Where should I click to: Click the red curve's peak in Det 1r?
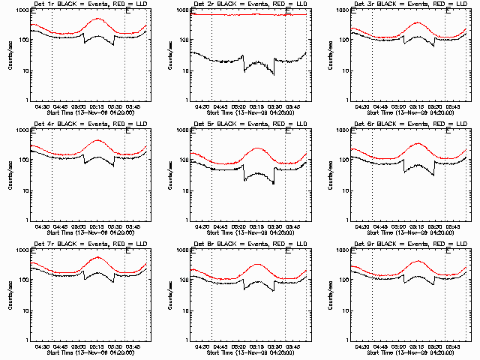(x=97, y=18)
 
